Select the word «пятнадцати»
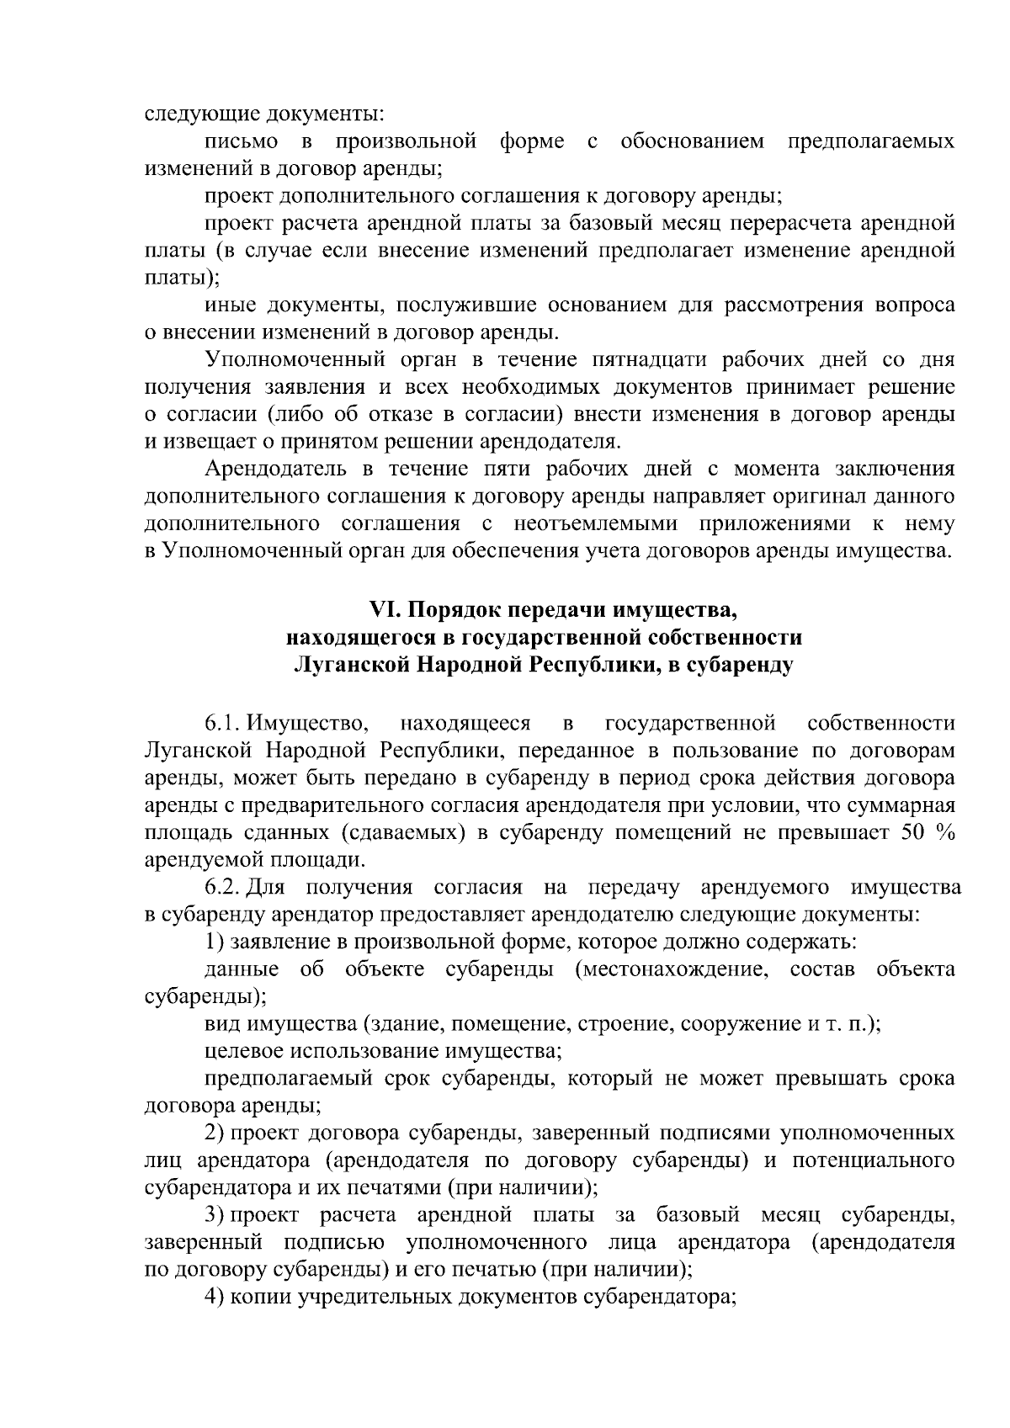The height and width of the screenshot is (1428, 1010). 605,360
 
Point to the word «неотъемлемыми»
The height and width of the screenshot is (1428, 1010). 596,524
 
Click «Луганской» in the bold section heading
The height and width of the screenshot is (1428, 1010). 347,665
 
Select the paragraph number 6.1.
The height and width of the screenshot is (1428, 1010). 221,723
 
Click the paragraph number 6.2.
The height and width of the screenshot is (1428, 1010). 221,887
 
